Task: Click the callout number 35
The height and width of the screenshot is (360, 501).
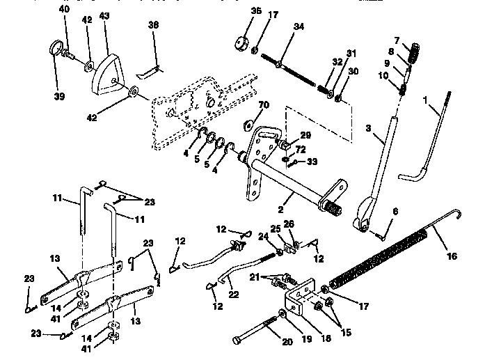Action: click(237, 10)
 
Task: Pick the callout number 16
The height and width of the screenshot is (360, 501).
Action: click(452, 256)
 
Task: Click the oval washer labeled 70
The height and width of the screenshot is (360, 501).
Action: click(247, 126)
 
